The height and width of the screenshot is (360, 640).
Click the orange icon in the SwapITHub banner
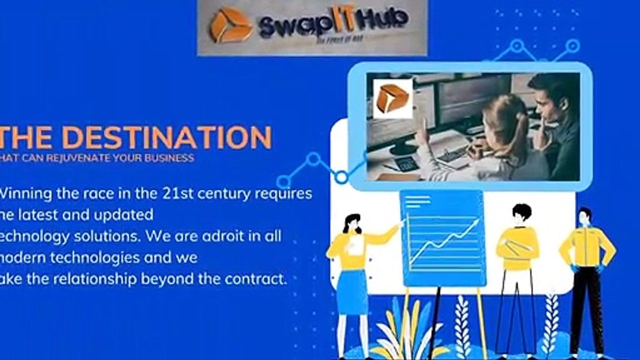[x=230, y=25]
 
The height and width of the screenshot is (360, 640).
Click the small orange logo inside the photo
[x=392, y=98]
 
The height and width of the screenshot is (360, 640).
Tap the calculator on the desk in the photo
[x=406, y=163]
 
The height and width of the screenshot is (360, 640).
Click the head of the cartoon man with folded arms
[x=521, y=212]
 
